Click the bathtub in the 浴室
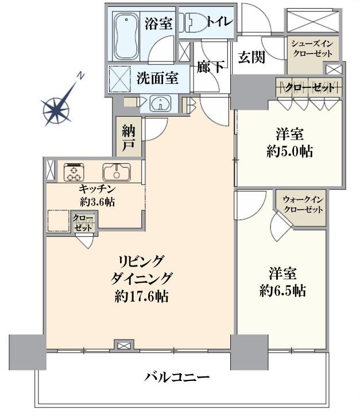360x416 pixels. [126, 37]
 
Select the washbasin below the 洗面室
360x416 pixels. [160, 103]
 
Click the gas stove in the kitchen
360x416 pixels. [74, 172]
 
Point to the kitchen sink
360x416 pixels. [117, 172]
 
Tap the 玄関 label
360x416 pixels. [251, 57]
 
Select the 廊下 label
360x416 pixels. [211, 67]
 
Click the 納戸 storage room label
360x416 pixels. [128, 138]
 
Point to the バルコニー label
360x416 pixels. [177, 377]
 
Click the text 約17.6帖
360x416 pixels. [142, 296]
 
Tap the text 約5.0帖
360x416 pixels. [289, 152]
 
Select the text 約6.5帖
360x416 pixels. [282, 291]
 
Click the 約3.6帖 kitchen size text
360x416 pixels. [97, 202]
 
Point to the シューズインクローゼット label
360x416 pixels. [312, 49]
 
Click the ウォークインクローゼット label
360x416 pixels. [303, 205]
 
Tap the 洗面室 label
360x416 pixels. [157, 79]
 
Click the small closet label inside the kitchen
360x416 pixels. [83, 223]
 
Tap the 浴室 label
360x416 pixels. [159, 24]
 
